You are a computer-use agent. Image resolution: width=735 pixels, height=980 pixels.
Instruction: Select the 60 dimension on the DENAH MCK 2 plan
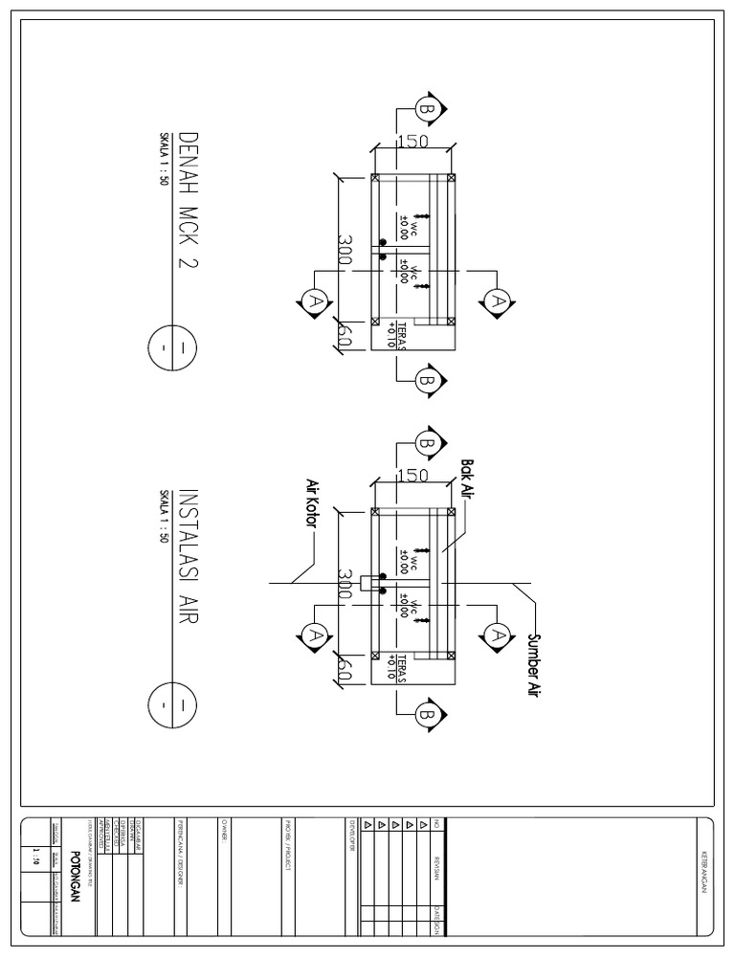coord(345,336)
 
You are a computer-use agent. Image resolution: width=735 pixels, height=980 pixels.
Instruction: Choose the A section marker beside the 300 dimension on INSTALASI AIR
coord(312,635)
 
